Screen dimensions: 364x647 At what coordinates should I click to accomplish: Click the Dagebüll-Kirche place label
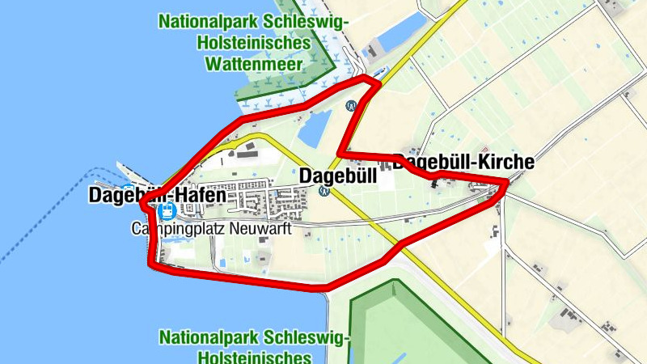tap(463, 162)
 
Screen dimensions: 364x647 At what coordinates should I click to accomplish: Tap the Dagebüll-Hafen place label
tap(158, 195)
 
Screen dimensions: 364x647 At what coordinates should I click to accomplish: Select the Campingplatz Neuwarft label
tap(210, 229)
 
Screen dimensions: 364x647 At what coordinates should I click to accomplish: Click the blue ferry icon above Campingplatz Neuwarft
tap(167, 212)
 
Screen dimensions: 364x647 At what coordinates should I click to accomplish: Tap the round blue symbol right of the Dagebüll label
tap(324, 192)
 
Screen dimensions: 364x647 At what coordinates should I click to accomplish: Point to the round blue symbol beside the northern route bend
tap(351, 105)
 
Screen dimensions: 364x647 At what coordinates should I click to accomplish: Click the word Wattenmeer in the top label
tap(254, 62)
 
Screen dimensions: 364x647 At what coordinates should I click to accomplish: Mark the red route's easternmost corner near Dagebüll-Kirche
tap(507, 184)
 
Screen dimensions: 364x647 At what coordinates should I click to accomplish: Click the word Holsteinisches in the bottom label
tap(254, 357)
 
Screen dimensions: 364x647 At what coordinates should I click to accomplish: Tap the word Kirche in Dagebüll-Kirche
tap(506, 162)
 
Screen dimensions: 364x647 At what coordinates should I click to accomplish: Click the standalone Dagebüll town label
tap(338, 176)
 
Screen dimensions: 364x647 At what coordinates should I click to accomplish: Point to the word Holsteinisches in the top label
tap(254, 41)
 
